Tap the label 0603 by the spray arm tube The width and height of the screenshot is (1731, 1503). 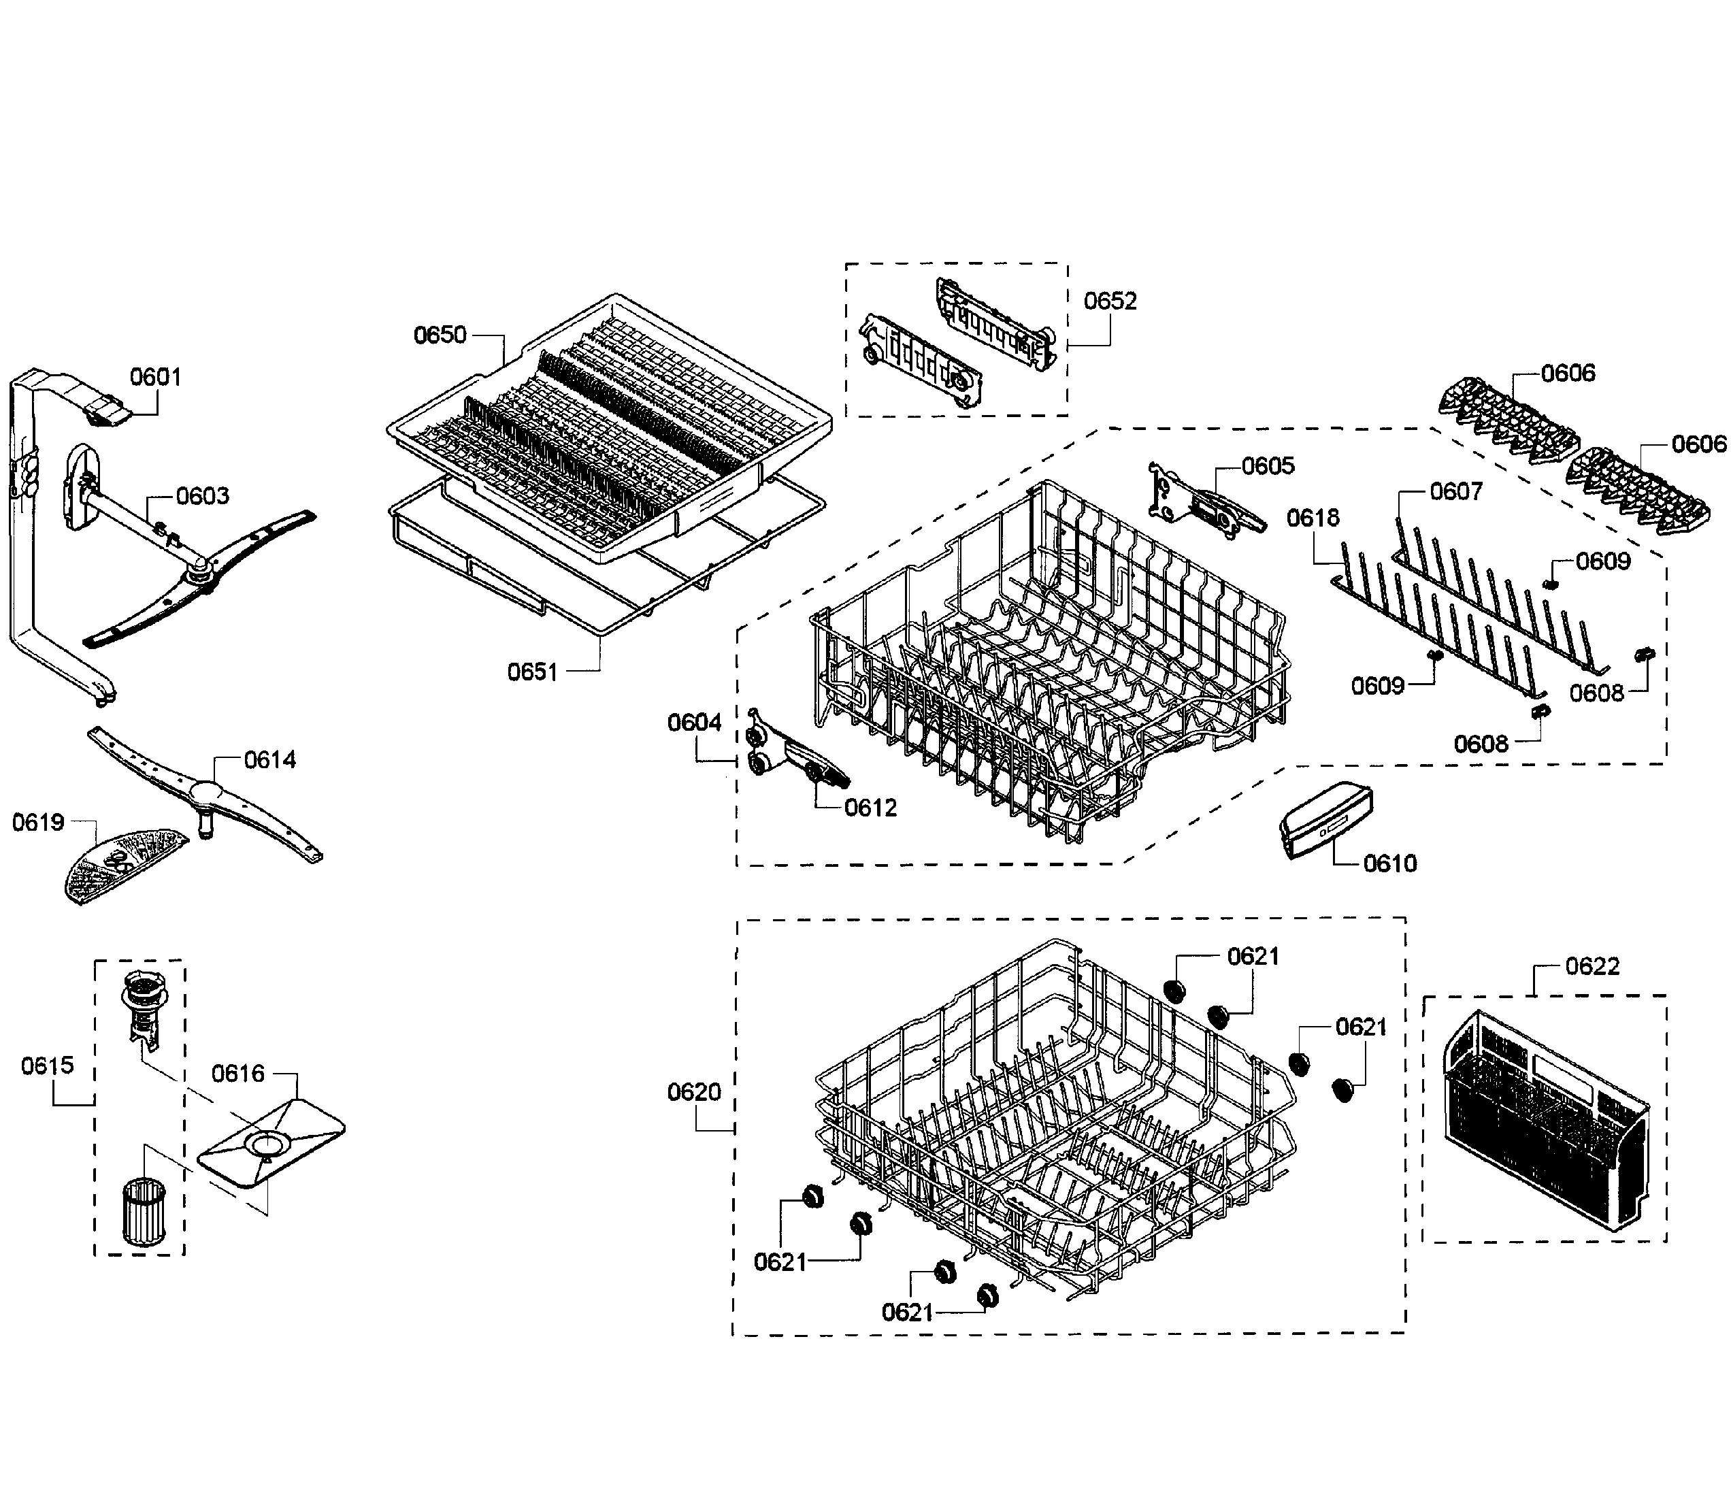coord(202,496)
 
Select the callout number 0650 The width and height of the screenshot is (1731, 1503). coord(440,335)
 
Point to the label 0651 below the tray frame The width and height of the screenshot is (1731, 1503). coord(533,671)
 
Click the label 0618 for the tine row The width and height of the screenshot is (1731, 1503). coord(1313,518)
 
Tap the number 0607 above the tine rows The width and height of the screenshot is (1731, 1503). coord(1456,491)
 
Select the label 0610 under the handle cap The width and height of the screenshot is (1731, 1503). coord(1389,863)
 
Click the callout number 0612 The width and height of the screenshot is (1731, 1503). coord(870,807)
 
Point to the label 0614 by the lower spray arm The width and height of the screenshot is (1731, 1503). coord(269,760)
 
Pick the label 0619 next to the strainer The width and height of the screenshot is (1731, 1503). coord(37,822)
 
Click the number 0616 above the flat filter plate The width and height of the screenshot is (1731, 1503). coord(237,1073)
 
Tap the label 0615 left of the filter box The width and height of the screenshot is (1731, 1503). coord(48,1066)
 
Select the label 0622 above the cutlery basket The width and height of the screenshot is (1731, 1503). coord(1592,966)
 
